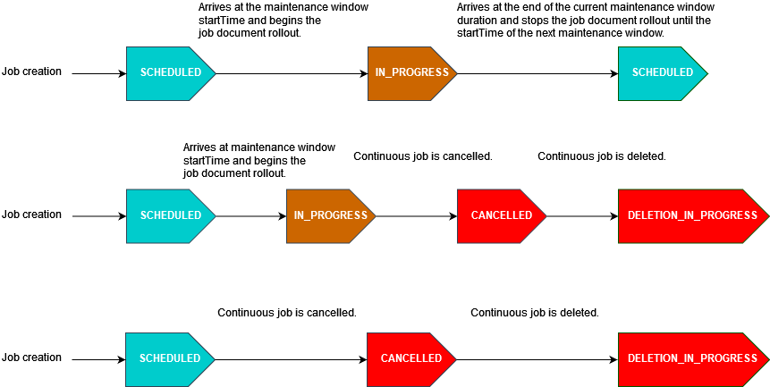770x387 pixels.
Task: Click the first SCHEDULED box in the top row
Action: (x=170, y=72)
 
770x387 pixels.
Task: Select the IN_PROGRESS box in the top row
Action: (x=411, y=72)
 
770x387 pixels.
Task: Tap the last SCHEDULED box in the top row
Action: (x=662, y=72)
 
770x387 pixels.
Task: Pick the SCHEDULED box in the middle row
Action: (x=170, y=215)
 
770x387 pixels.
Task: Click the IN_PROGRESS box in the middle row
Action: (x=331, y=215)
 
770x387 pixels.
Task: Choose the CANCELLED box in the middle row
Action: (x=501, y=215)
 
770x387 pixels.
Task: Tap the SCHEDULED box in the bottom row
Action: (x=170, y=358)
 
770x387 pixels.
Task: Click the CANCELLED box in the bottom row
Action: (x=411, y=358)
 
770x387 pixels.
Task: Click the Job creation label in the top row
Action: (x=32, y=72)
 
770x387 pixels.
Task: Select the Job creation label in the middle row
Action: (x=32, y=215)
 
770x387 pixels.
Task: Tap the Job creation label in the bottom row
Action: (x=32, y=358)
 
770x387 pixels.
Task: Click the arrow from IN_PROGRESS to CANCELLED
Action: (x=416, y=215)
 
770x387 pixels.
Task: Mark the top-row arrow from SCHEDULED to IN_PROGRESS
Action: (x=292, y=72)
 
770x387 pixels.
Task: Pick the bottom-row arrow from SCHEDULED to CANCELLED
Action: (x=292, y=358)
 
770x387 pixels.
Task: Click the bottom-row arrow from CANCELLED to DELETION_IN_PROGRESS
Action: (x=537, y=358)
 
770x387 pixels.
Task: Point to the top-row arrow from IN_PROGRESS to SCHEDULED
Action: (x=537, y=72)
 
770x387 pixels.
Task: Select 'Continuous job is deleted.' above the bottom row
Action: (x=534, y=313)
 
